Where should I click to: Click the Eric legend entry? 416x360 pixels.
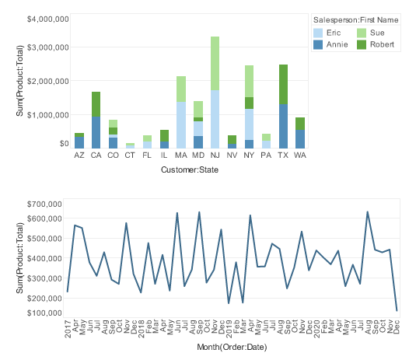[x=333, y=33]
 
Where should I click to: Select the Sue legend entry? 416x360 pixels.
[x=376, y=33]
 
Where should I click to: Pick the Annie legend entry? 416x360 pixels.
[x=336, y=45]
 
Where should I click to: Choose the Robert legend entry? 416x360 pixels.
[x=381, y=45]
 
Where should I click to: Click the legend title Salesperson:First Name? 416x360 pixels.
[x=357, y=19]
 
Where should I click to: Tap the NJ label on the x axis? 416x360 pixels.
[x=215, y=156]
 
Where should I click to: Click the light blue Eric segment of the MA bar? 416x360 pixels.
[x=181, y=124]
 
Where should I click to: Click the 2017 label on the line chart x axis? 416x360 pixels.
[x=68, y=327]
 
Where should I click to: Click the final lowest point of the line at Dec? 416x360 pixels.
[x=397, y=310]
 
